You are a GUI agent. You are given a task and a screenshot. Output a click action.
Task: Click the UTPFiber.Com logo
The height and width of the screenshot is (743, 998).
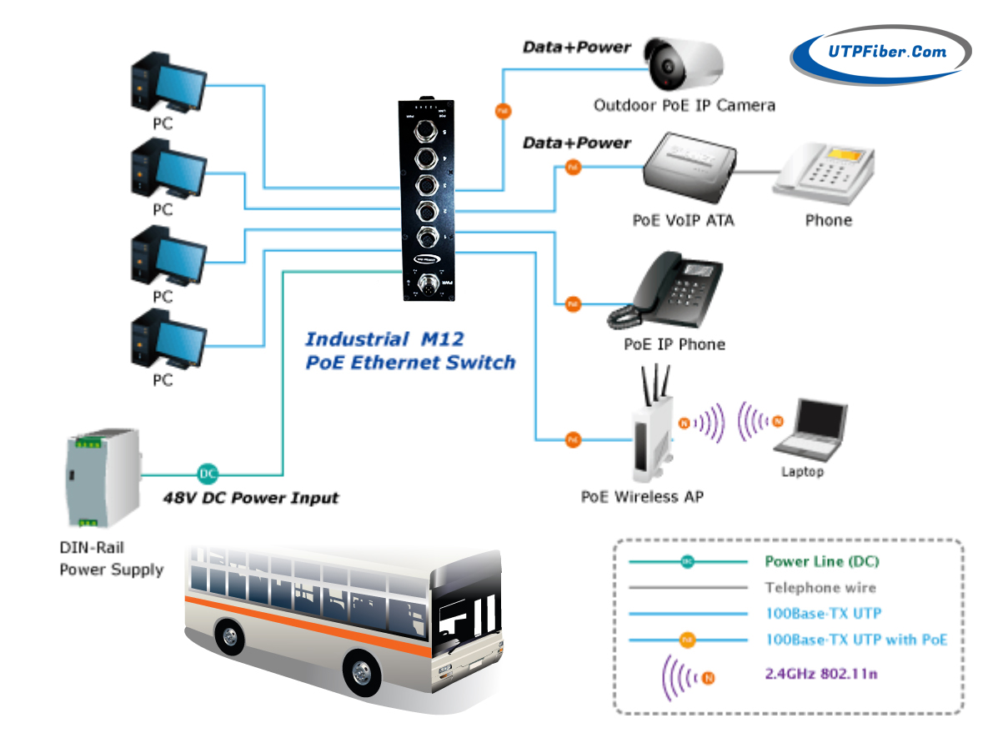(x=880, y=53)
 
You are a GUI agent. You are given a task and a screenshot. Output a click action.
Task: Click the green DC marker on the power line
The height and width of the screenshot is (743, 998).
(x=208, y=474)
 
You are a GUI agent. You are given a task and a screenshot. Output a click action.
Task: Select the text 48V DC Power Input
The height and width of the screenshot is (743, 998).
(x=250, y=499)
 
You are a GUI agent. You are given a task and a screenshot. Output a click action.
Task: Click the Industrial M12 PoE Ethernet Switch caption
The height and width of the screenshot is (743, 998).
(x=409, y=351)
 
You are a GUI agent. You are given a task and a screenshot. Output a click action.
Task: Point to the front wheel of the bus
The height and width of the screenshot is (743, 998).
(x=362, y=669)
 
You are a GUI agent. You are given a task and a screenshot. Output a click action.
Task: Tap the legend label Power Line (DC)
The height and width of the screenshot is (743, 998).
(x=821, y=562)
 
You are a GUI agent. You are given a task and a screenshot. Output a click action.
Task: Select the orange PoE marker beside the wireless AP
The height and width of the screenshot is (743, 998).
(x=573, y=439)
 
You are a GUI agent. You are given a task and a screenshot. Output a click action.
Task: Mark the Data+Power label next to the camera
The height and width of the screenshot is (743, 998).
(x=576, y=48)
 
